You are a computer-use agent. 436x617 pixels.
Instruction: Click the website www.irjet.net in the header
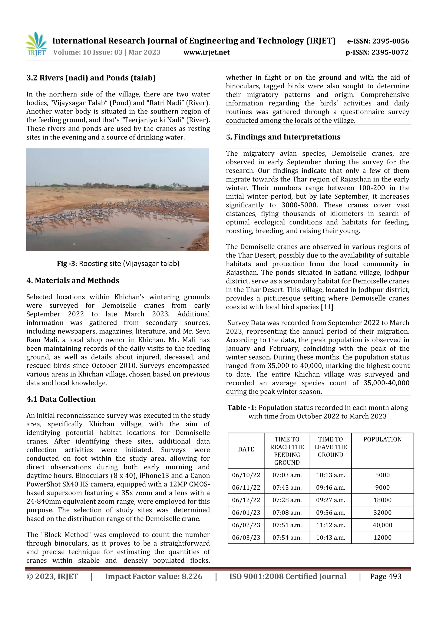pos(206,52)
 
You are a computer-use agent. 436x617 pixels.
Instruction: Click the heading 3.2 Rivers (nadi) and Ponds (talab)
pos(91,78)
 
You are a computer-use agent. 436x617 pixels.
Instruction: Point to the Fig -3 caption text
pos(118,263)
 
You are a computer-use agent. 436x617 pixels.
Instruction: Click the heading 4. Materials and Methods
pos(73,280)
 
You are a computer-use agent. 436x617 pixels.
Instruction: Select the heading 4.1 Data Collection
pos(61,399)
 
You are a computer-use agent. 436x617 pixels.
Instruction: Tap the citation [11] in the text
pos(327,307)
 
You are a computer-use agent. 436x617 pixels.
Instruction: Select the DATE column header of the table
pos(246,449)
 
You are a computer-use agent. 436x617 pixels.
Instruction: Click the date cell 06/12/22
pos(246,500)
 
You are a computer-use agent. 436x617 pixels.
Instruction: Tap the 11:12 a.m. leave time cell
pos(330,525)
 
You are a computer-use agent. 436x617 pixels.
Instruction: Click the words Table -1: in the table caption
pos(242,408)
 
